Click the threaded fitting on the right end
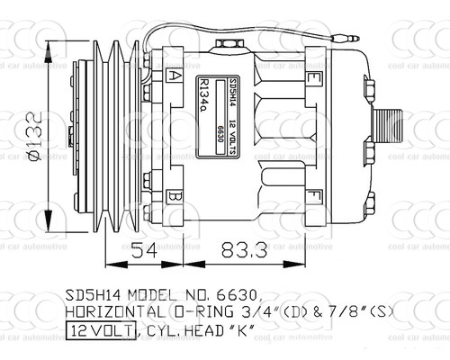[390, 137]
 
